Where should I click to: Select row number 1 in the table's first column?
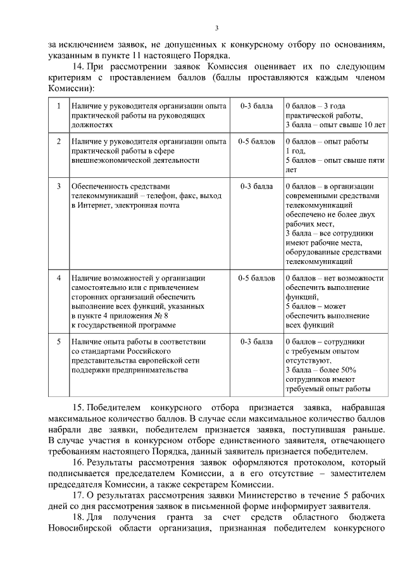coord(58,106)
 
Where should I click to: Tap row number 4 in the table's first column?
coord(58,278)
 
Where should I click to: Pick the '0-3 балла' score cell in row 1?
coord(256,106)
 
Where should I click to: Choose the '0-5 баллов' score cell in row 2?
coord(256,141)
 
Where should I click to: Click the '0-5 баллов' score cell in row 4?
coord(256,278)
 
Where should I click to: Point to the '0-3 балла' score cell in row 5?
coord(256,341)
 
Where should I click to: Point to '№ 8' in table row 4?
coord(161,316)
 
